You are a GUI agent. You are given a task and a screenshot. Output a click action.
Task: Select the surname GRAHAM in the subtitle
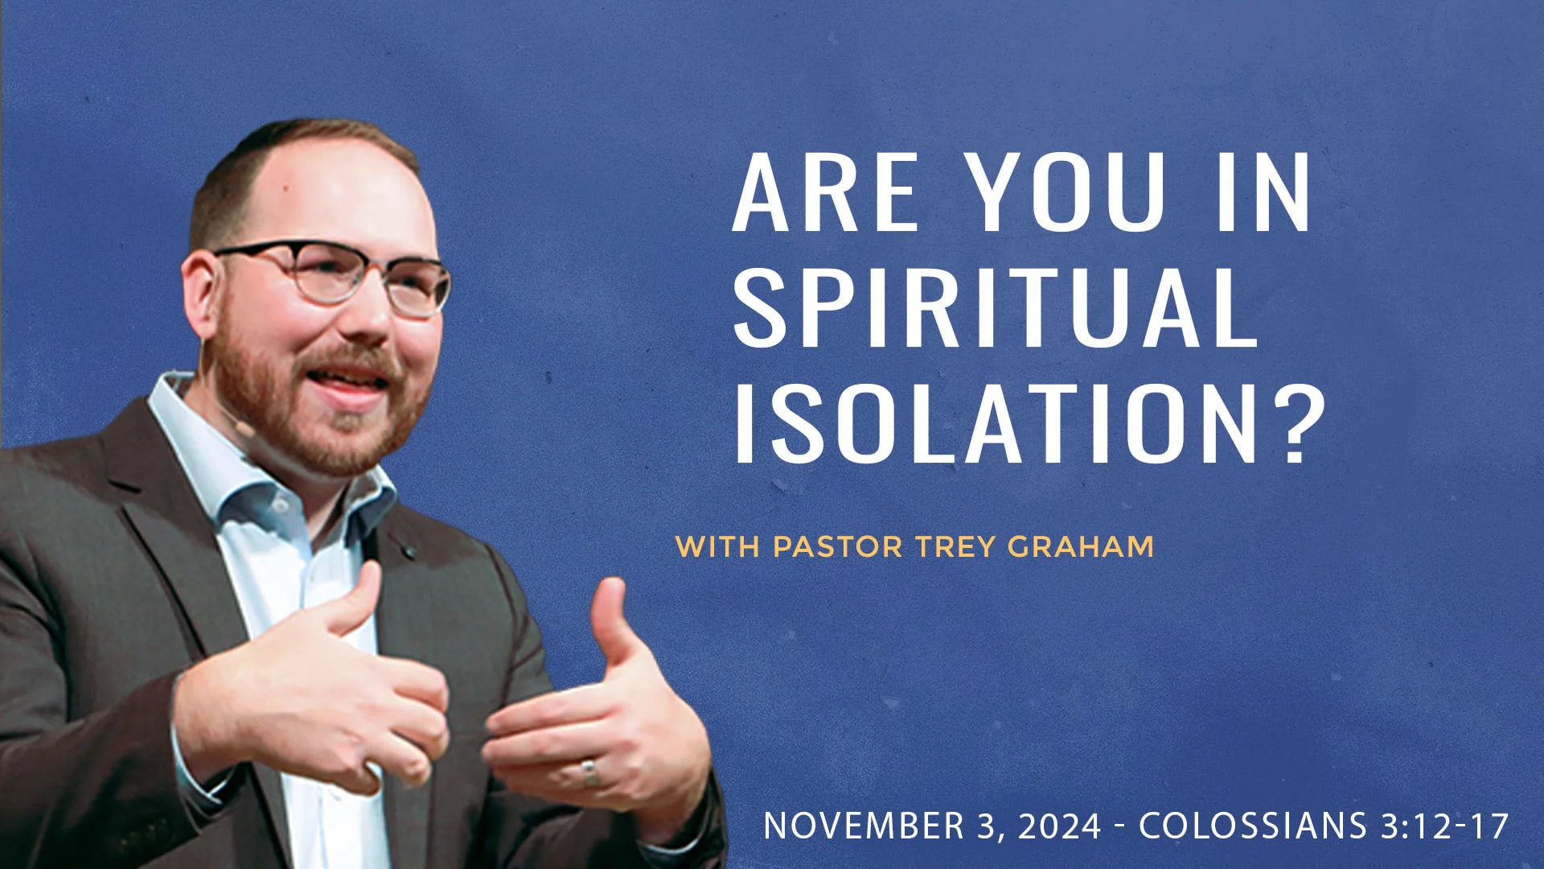1081,546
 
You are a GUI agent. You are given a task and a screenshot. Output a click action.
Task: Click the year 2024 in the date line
1060,826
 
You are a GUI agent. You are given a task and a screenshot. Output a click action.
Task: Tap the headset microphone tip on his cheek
241,427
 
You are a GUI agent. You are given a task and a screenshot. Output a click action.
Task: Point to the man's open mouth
354,378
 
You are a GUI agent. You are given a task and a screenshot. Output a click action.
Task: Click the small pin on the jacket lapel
410,552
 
